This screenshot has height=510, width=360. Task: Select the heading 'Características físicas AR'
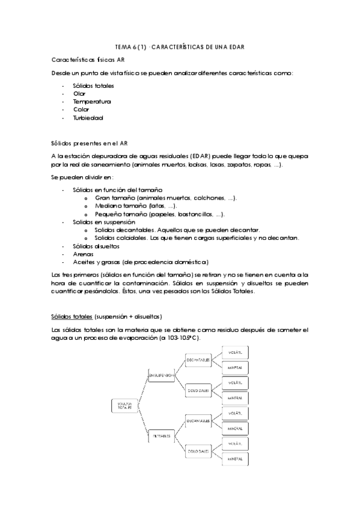click(x=88, y=61)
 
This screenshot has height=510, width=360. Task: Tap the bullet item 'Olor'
click(x=79, y=93)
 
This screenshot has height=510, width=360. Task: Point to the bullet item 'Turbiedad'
click(x=88, y=118)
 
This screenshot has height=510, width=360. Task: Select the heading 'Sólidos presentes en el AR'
click(x=90, y=143)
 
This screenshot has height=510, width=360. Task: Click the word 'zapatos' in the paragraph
click(x=218, y=164)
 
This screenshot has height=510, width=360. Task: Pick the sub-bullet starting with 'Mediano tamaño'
click(x=135, y=206)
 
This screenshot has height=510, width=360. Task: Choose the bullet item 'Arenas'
click(x=82, y=254)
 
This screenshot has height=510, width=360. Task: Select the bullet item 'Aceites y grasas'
click(x=140, y=262)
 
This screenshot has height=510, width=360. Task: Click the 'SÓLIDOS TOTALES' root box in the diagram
click(x=124, y=406)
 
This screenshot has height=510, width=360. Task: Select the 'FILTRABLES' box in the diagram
click(x=161, y=435)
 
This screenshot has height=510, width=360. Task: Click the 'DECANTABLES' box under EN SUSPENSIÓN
click(x=197, y=360)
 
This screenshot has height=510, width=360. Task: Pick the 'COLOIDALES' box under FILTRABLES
click(x=197, y=450)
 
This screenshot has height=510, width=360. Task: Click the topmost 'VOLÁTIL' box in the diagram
click(x=235, y=351)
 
